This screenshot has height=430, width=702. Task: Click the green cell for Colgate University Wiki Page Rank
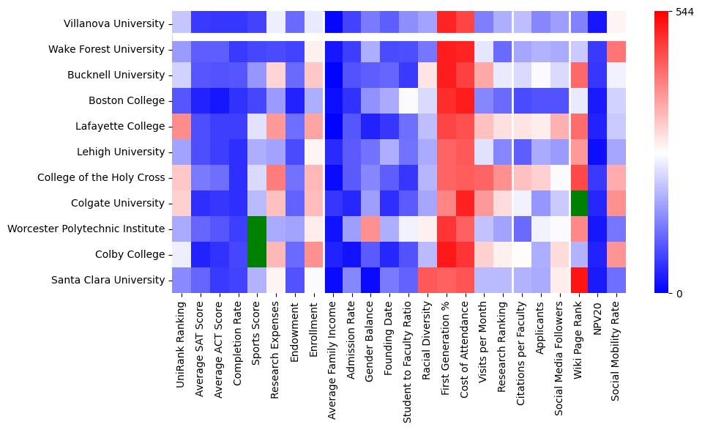coord(579,203)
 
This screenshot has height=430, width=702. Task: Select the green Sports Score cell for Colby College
coord(256,254)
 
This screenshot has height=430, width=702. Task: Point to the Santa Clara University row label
coord(107,280)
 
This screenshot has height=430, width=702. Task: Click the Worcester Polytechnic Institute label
coord(86,229)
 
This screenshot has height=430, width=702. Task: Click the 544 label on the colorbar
coord(684,12)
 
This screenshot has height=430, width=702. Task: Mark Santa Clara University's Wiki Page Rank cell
coord(579,280)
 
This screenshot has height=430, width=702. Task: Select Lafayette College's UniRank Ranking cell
coord(181,126)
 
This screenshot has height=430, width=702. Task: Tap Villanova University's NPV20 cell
coord(598,23)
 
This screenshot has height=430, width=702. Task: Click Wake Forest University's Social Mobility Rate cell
coord(617,49)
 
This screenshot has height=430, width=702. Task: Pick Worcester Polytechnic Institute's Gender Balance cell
coord(370,229)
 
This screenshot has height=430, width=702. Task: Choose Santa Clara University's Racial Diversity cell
coord(427,280)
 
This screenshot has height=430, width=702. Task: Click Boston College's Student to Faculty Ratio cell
coord(408,100)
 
